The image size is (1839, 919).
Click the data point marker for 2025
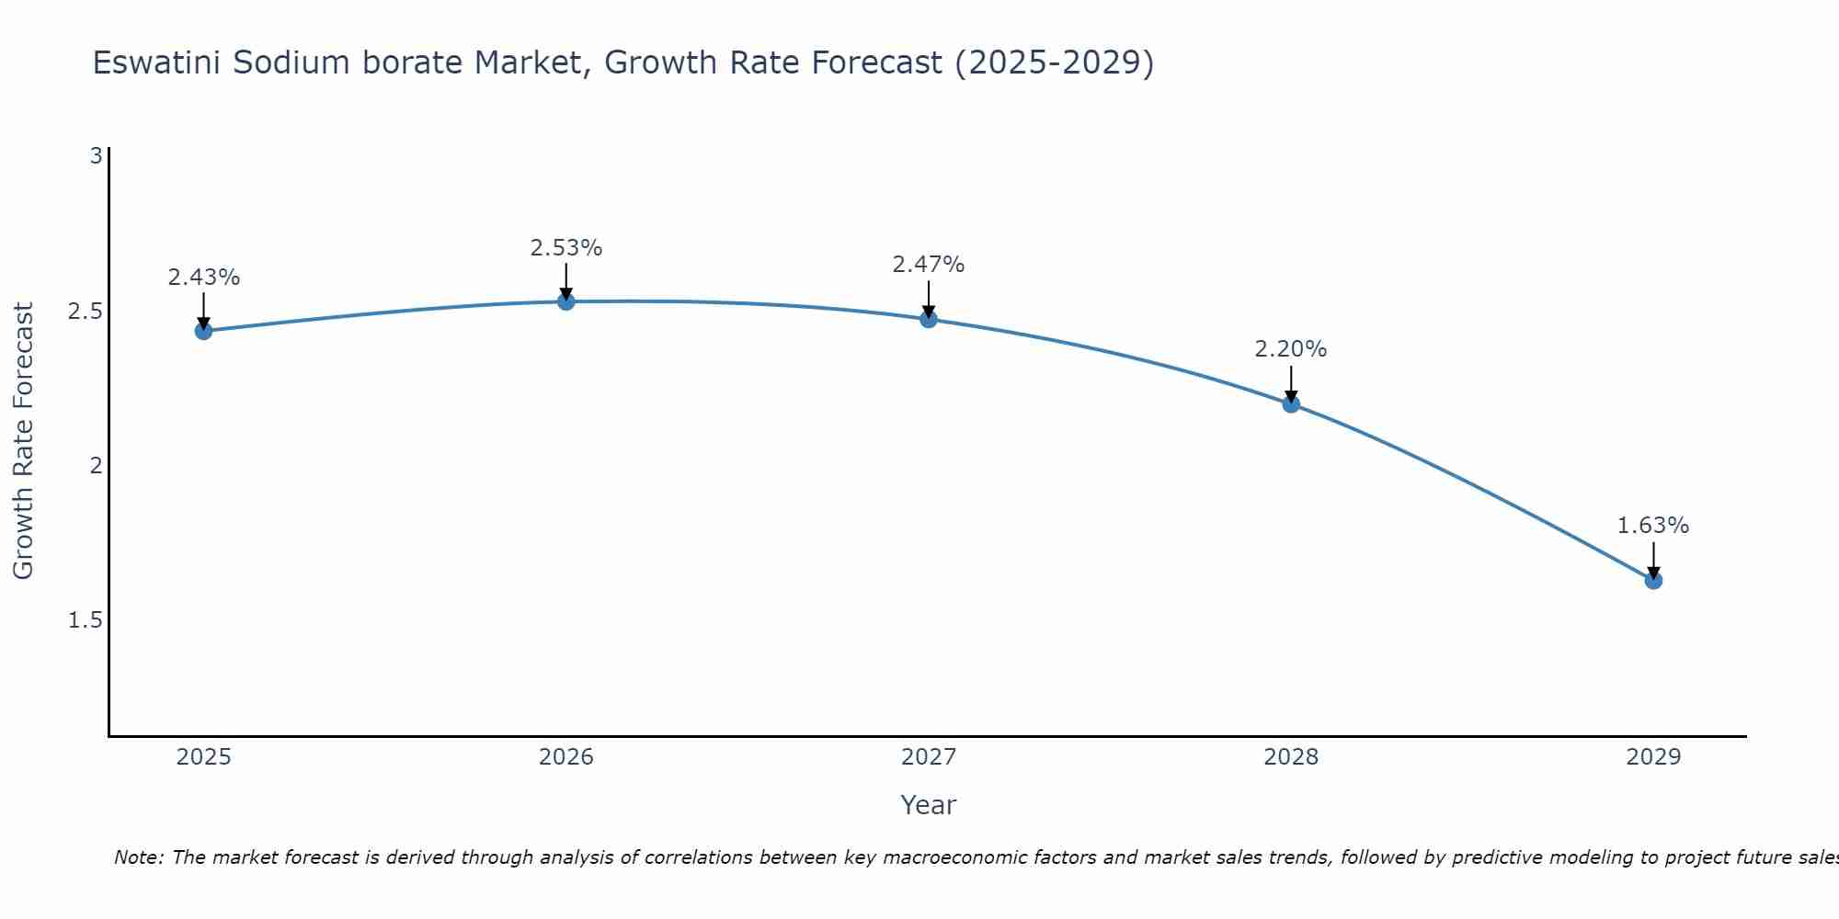click(204, 331)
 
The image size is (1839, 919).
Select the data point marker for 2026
click(566, 301)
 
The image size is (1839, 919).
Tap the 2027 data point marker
click(929, 319)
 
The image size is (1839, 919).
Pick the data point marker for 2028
click(1291, 403)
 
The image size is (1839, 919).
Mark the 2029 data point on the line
click(1653, 580)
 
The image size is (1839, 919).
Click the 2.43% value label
click(204, 278)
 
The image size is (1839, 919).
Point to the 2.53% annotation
click(566, 248)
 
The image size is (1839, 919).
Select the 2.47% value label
click(929, 265)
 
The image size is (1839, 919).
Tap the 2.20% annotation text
click(1291, 349)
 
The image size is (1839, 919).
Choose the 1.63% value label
click(1653, 526)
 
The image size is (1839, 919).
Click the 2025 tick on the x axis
click(204, 757)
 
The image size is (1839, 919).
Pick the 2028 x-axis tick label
click(1291, 757)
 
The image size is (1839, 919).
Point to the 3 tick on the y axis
click(96, 156)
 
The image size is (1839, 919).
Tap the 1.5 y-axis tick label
click(86, 620)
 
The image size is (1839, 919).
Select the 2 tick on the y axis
click(96, 466)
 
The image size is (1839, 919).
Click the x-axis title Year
click(929, 805)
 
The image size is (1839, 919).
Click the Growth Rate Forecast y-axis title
click(23, 441)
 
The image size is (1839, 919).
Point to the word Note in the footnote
click(138, 857)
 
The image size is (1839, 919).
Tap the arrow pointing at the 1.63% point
click(1653, 560)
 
